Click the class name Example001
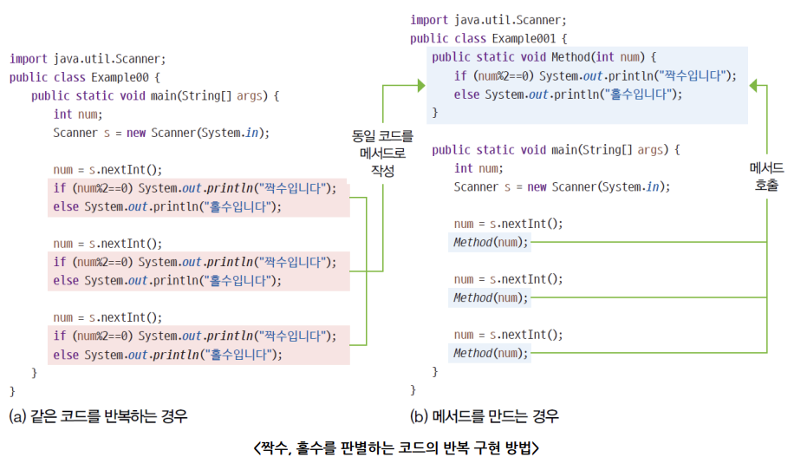pos(528,38)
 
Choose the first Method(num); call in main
pos(490,242)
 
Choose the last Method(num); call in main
pos(490,353)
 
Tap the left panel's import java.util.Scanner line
pos(87,59)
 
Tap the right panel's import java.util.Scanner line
pos(488,20)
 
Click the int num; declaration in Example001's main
pos(478,168)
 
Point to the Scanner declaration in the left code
pos(161,133)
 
